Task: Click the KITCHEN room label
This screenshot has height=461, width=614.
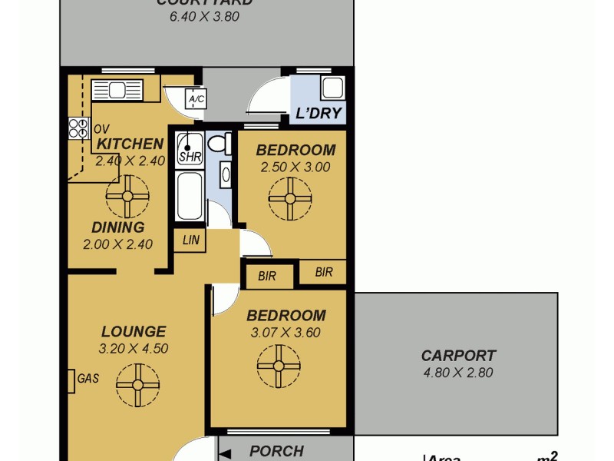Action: [x=130, y=144]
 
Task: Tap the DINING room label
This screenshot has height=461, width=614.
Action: [x=117, y=227]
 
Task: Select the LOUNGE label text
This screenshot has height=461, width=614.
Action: [x=134, y=332]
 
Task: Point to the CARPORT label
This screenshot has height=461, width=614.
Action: [x=458, y=356]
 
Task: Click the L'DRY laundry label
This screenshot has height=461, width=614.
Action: [x=319, y=114]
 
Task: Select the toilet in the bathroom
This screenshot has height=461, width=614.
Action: [x=219, y=143]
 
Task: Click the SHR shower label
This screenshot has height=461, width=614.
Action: [x=189, y=156]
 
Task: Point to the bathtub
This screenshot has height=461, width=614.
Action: [x=189, y=196]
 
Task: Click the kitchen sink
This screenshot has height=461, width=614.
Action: [x=117, y=91]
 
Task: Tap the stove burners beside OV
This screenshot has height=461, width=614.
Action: [x=78, y=128]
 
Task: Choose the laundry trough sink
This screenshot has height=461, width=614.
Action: [x=332, y=88]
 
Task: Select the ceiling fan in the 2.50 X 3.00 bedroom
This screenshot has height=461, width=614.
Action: [x=291, y=198]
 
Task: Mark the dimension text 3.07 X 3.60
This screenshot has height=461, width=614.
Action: [x=285, y=333]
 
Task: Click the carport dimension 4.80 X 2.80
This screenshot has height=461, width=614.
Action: [x=458, y=373]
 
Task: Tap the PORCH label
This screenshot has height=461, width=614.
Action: [x=276, y=451]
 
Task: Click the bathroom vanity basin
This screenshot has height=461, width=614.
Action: [x=226, y=174]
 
